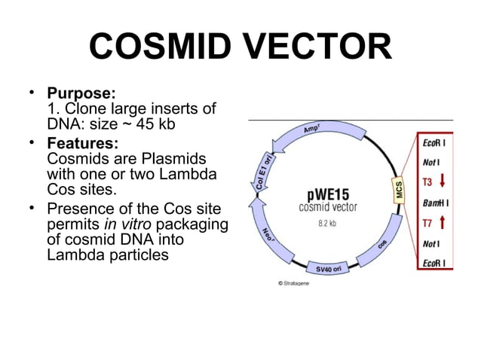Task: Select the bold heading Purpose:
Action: (x=81, y=94)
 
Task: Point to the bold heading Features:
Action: (x=82, y=143)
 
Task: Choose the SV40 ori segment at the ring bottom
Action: (x=328, y=267)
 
